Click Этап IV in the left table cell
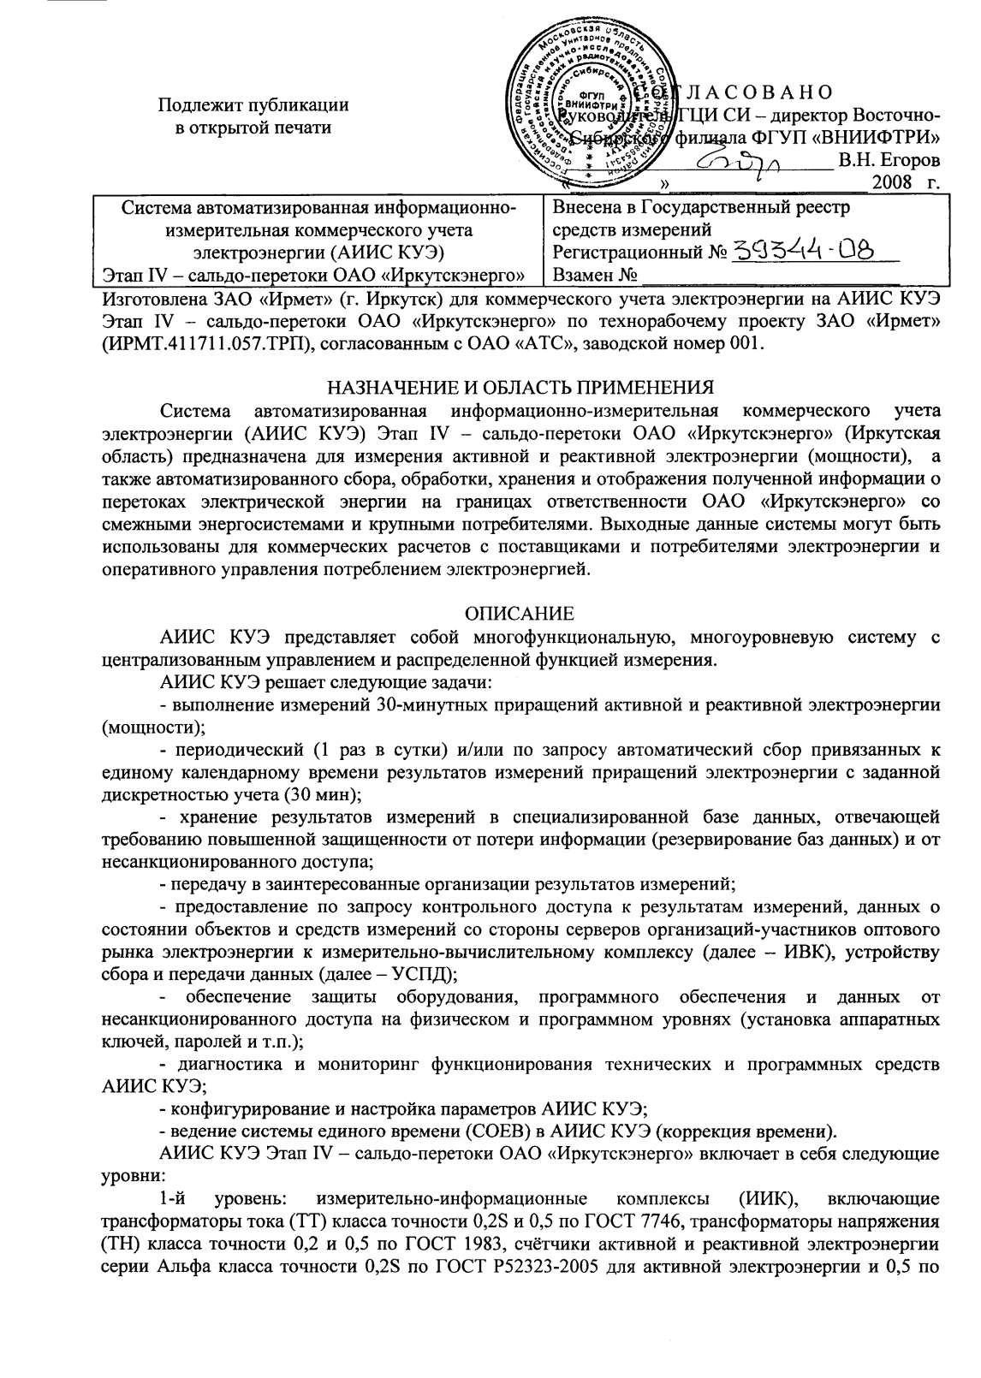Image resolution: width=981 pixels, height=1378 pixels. click(x=132, y=275)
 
